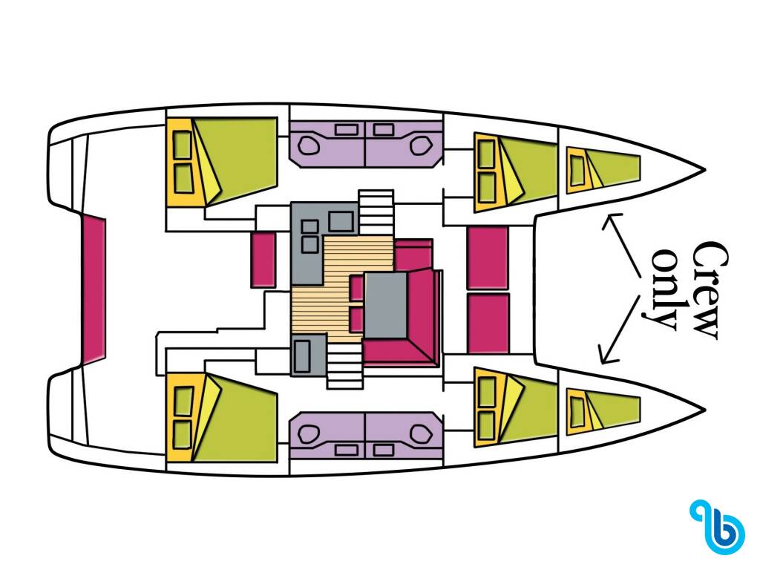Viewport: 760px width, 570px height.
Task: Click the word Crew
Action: pyautogui.click(x=710, y=290)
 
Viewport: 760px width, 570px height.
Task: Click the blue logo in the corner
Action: pyautogui.click(x=718, y=526)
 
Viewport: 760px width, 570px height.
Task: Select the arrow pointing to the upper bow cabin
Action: pyautogui.click(x=622, y=245)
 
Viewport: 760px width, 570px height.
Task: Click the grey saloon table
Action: pyautogui.click(x=385, y=305)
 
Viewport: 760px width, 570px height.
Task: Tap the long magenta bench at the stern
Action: pyautogui.click(x=93, y=289)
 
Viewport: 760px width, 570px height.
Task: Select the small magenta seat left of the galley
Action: pyautogui.click(x=263, y=259)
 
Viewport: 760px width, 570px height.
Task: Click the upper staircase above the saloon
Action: pyautogui.click(x=376, y=212)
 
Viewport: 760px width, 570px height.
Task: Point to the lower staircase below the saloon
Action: pyautogui.click(x=344, y=365)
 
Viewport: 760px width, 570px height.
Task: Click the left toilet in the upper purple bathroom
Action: pyautogui.click(x=308, y=145)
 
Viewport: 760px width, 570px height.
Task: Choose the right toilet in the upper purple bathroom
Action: pyautogui.click(x=422, y=144)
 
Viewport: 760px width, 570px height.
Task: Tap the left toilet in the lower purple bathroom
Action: pyautogui.click(x=308, y=433)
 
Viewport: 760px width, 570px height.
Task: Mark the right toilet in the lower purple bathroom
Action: pyautogui.click(x=422, y=433)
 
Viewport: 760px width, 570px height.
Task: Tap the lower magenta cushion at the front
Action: pyautogui.click(x=488, y=323)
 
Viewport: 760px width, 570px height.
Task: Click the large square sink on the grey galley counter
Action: pyautogui.click(x=341, y=221)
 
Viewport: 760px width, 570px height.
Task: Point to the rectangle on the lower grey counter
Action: pyautogui.click(x=303, y=356)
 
